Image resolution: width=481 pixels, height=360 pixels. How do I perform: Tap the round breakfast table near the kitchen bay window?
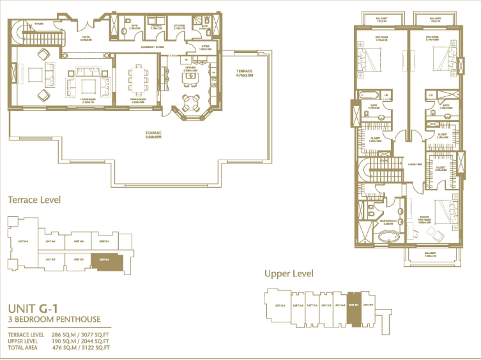point(190,101)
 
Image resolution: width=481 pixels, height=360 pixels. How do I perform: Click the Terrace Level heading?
point(34,200)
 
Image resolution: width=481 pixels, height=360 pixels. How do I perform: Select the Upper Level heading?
point(289,273)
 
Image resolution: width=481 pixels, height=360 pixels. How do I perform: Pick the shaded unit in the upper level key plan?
point(354,305)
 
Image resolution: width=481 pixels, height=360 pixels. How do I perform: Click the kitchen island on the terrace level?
point(190,78)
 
